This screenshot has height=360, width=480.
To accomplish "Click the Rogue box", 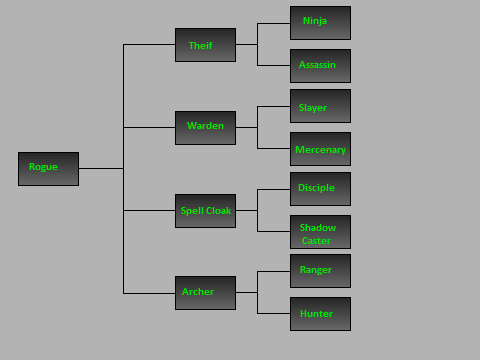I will coord(48,168).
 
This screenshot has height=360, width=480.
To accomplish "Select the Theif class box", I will coord(205,45).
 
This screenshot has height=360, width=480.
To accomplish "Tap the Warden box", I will coord(205,127).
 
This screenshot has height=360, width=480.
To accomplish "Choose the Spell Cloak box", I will coord(205,210).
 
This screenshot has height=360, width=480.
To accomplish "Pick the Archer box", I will coord(205,292).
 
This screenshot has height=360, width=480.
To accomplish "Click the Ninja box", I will coord(320,22).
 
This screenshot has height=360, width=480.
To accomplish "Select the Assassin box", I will coord(320,65).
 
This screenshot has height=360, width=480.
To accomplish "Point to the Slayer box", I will coord(320,105).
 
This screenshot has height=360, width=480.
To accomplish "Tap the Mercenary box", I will coord(320,148).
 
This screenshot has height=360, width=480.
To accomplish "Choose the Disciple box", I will coord(320,188).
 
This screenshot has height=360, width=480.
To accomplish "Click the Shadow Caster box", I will coord(320,231).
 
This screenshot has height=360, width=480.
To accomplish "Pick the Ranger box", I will coord(320,270).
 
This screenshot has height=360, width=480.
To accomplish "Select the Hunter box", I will coord(320,313).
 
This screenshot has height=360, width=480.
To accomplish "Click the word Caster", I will coord(316,241).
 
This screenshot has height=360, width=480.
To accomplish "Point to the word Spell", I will coord(191,211).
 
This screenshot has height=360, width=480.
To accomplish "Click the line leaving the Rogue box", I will coord(100,168).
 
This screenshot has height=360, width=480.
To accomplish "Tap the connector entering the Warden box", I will coord(150,127).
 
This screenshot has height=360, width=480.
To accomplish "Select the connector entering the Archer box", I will coord(150,293).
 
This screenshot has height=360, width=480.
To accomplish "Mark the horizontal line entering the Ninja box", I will coord(274,23).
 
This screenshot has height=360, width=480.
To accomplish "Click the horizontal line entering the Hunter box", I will coord(274,313).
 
